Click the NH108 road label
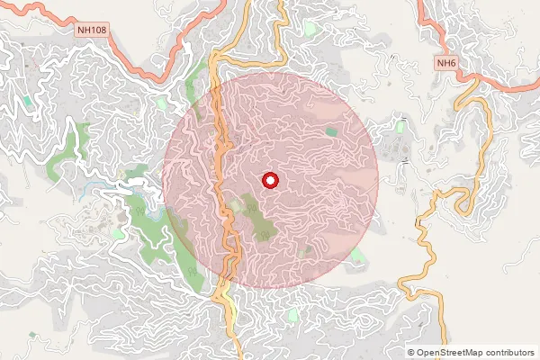point(91,30)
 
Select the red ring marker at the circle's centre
point(270,181)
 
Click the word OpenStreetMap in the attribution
point(454,352)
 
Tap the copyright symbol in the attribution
point(411,352)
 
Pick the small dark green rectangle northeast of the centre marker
point(330,132)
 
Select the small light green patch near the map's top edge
point(311,29)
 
